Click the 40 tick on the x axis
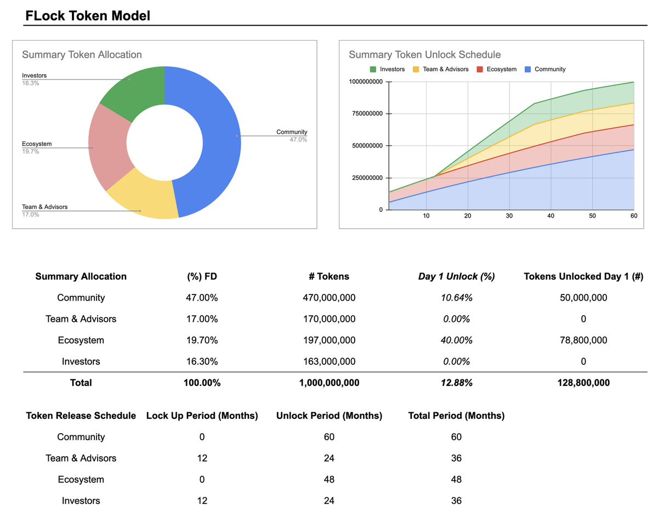tap(551, 216)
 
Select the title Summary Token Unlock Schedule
tap(424, 54)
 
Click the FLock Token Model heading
tap(88, 16)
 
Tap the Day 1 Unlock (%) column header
tap(456, 276)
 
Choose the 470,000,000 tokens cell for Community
tap(329, 298)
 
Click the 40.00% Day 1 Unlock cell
tap(456, 340)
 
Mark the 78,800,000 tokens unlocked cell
tap(583, 340)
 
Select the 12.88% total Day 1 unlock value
tap(456, 383)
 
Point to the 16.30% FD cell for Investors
tap(202, 361)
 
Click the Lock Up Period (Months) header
tap(202, 416)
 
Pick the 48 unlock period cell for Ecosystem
tap(329, 479)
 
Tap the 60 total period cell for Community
tap(456, 437)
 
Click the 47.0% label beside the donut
tap(298, 140)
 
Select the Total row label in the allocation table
tap(81, 383)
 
